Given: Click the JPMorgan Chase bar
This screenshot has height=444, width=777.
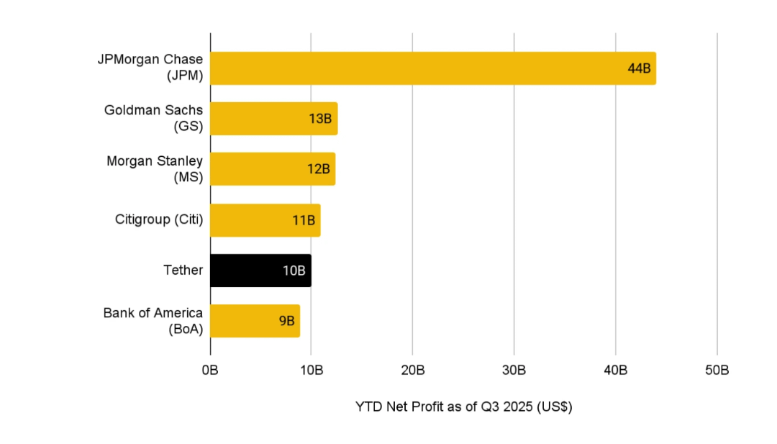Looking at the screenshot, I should tap(432, 68).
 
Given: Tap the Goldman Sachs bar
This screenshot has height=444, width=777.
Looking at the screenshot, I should tap(273, 119).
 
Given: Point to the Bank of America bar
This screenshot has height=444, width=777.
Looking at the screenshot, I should tap(255, 321).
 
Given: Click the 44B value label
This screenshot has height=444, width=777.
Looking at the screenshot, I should tap(639, 69).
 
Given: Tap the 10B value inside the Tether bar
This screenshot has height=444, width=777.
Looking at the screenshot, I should tap(294, 271).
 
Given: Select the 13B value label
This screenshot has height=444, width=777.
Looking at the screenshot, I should tap(320, 119).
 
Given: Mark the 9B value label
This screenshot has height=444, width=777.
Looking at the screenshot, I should tap(287, 322).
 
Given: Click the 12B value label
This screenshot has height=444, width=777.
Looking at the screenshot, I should tap(318, 170).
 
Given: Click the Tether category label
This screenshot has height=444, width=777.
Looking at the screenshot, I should tap(183, 271).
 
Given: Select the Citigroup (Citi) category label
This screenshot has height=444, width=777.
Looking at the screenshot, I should tap(159, 219).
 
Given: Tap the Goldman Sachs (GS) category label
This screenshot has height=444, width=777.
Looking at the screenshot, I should tap(153, 118).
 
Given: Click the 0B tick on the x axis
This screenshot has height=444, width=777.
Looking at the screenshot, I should tap(210, 371).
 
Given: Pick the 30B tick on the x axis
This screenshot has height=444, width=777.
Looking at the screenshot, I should tap(514, 371).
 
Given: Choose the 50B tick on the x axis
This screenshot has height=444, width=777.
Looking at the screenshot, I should tap(717, 371).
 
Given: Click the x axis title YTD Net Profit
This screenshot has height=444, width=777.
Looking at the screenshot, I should tap(463, 407).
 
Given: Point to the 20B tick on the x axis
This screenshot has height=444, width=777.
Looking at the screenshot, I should tap(412, 371).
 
